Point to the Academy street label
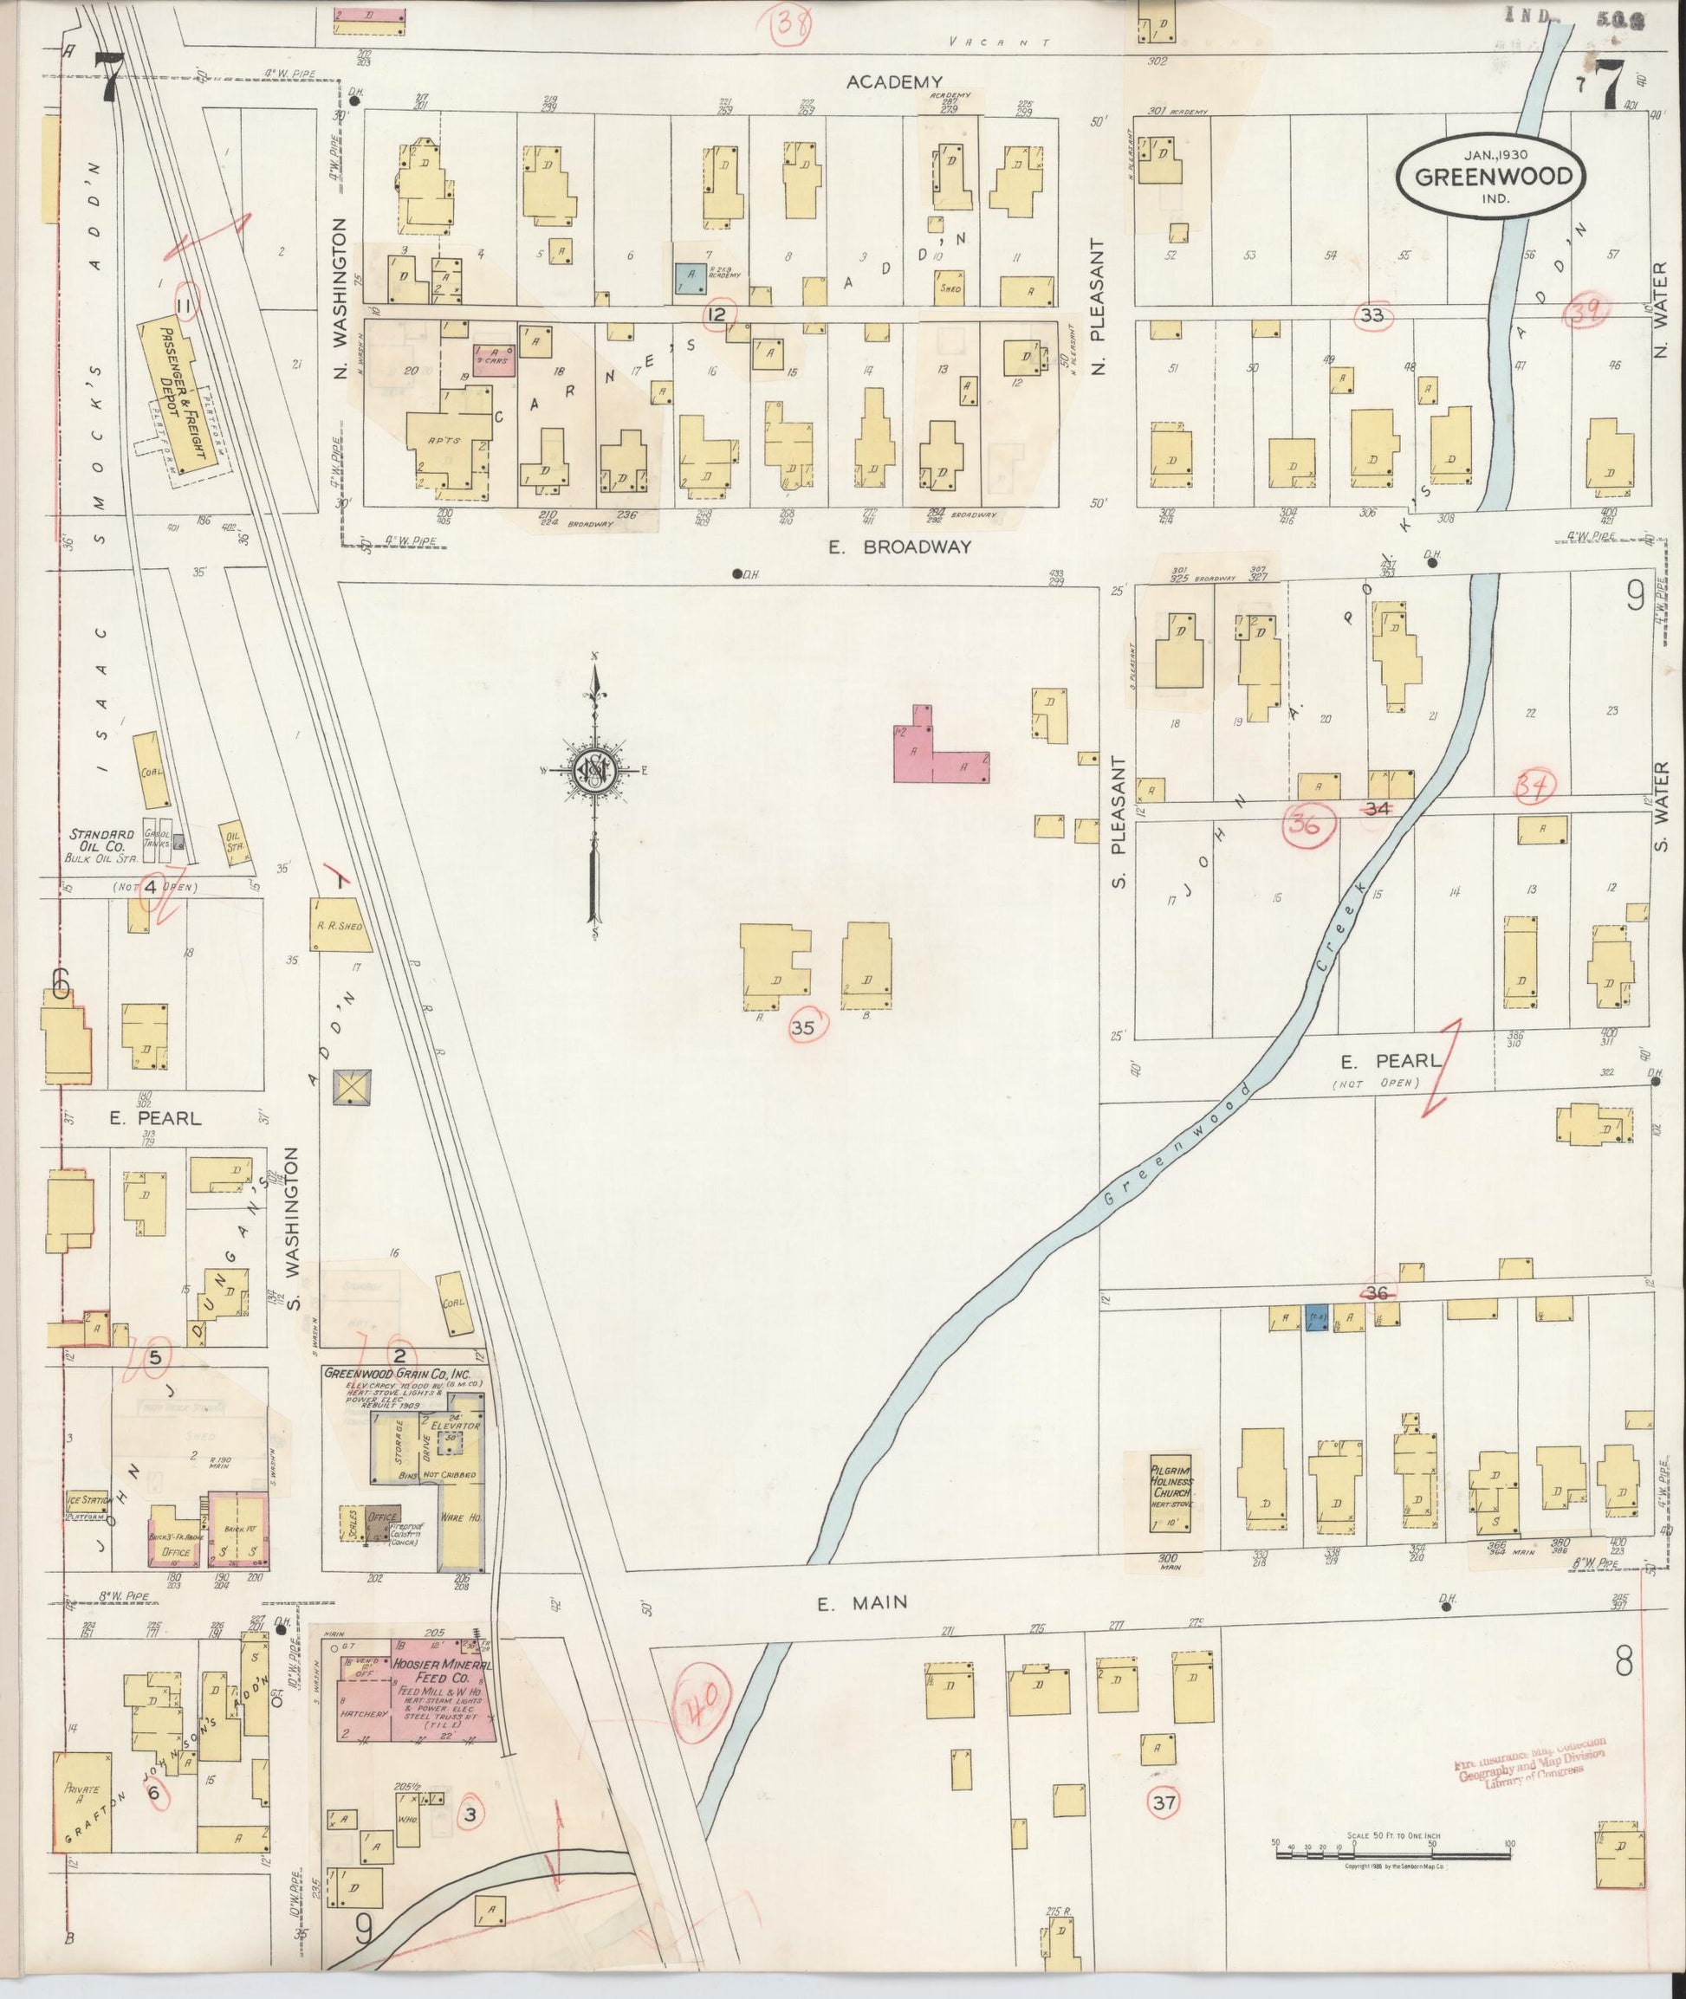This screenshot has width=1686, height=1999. [x=895, y=82]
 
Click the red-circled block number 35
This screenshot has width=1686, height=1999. [x=804, y=1027]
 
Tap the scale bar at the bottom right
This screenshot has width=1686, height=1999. [x=1393, y=1853]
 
